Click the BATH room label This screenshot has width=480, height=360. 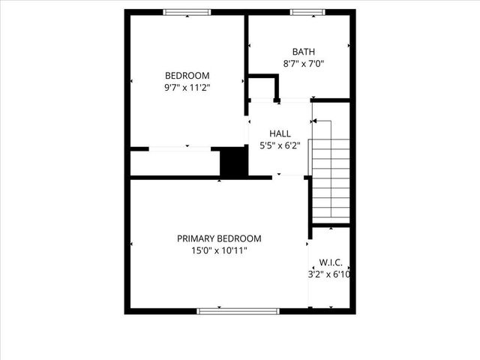(x=304, y=52)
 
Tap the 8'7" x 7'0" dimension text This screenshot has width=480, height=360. (x=304, y=64)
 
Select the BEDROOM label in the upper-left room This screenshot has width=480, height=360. (x=187, y=76)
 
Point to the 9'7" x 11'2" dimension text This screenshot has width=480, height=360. (x=187, y=88)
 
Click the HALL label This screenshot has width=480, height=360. (x=280, y=133)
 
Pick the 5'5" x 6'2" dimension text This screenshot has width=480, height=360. (x=279, y=146)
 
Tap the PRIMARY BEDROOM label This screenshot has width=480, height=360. (x=219, y=238)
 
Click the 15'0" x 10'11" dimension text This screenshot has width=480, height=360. (x=219, y=251)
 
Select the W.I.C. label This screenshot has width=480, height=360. (x=331, y=262)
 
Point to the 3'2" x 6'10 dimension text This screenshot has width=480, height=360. (x=331, y=274)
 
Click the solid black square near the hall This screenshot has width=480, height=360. (x=233, y=162)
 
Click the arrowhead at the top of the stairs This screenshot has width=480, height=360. (x=314, y=120)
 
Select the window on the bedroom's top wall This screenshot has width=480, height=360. (x=187, y=12)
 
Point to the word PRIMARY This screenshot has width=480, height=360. (x=196, y=238)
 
